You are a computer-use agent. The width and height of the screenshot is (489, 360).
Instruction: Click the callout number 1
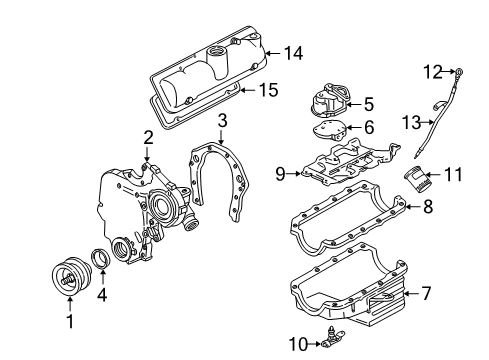click(x=69, y=323)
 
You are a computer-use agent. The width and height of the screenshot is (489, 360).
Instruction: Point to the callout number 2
click(x=147, y=137)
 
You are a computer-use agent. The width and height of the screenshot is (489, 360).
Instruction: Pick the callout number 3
click(x=222, y=120)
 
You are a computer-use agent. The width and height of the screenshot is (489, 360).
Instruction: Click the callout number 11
click(x=452, y=175)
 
